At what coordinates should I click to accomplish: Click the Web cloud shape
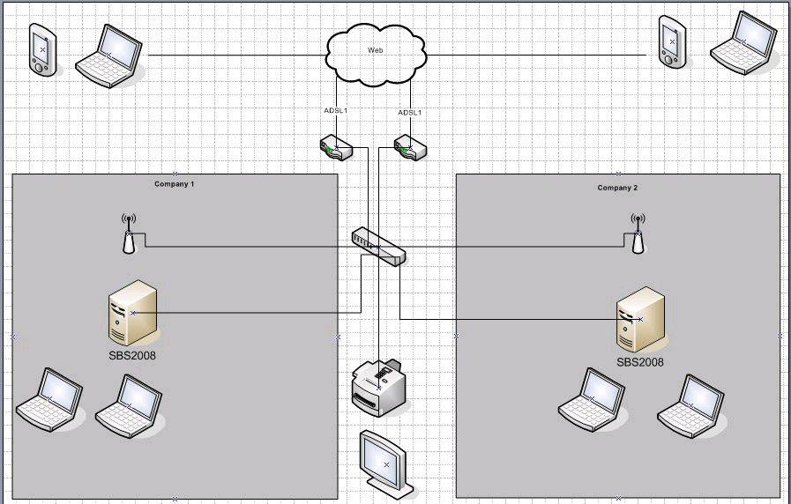pyautogui.click(x=375, y=56)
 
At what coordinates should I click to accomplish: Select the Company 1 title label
pyautogui.click(x=174, y=184)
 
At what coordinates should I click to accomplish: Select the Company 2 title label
pyautogui.click(x=617, y=188)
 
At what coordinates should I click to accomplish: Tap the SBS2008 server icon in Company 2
pyautogui.click(x=639, y=318)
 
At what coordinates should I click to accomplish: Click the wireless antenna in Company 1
pyautogui.click(x=128, y=233)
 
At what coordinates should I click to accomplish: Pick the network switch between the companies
pyautogui.click(x=378, y=246)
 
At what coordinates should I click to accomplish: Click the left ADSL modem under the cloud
pyautogui.click(x=336, y=147)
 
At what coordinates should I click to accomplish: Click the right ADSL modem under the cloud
pyautogui.click(x=410, y=147)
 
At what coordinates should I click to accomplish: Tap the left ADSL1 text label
pyautogui.click(x=336, y=111)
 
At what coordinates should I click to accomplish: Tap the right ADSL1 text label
pyautogui.click(x=410, y=113)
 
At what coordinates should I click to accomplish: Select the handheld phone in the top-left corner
pyautogui.click(x=42, y=49)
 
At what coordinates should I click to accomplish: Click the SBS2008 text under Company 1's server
pyautogui.click(x=132, y=355)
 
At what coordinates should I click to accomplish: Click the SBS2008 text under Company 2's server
pyautogui.click(x=640, y=361)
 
